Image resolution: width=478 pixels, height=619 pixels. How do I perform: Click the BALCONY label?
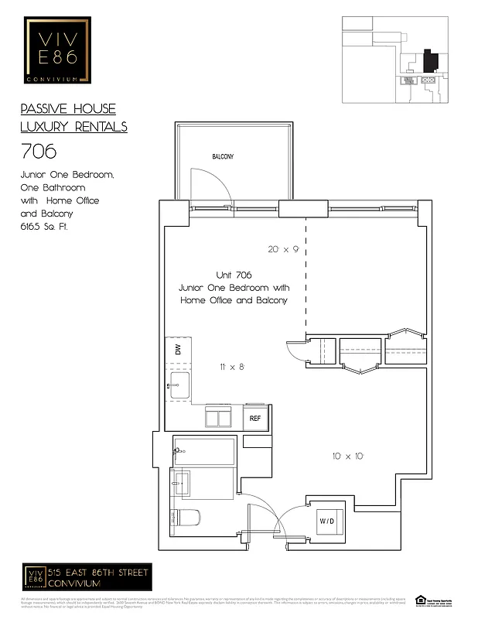tap(223, 156)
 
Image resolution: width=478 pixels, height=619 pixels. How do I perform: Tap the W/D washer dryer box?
tap(327, 521)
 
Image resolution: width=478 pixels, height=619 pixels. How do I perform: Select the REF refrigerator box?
tap(254, 419)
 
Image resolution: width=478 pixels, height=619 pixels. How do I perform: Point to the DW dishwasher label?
tap(178, 350)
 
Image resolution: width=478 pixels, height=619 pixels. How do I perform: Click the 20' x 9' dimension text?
tap(283, 249)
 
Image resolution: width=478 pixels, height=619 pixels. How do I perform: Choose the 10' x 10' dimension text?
tap(348, 457)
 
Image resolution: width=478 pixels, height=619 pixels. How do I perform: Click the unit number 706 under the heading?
tap(38, 151)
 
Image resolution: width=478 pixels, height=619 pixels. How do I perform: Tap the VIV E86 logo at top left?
tap(57, 50)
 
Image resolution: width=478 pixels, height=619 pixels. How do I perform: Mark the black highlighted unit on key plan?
tap(430, 60)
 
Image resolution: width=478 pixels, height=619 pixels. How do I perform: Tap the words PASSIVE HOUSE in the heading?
tap(68, 109)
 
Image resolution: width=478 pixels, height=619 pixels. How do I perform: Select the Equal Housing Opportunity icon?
tap(421, 600)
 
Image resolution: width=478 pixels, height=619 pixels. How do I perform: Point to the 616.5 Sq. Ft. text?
tap(43, 227)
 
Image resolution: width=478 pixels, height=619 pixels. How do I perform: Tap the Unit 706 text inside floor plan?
tap(233, 275)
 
